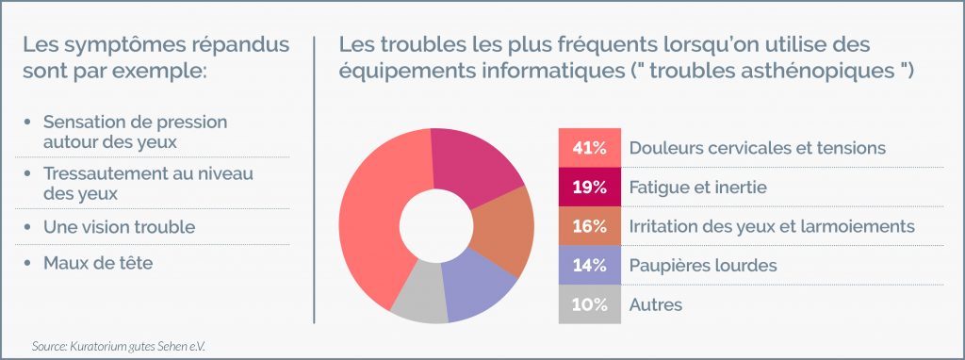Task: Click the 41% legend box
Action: click(x=589, y=148)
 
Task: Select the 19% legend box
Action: click(x=589, y=188)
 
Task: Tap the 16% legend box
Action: click(x=589, y=226)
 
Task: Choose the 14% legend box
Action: click(x=589, y=265)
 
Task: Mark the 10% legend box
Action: click(x=589, y=304)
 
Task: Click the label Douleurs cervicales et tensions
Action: click(x=757, y=148)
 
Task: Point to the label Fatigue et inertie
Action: click(x=697, y=188)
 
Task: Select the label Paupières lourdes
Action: click(x=702, y=265)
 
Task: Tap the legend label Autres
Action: click(x=655, y=304)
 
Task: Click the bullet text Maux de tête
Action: click(x=97, y=263)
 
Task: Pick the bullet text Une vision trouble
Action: click(x=119, y=227)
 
